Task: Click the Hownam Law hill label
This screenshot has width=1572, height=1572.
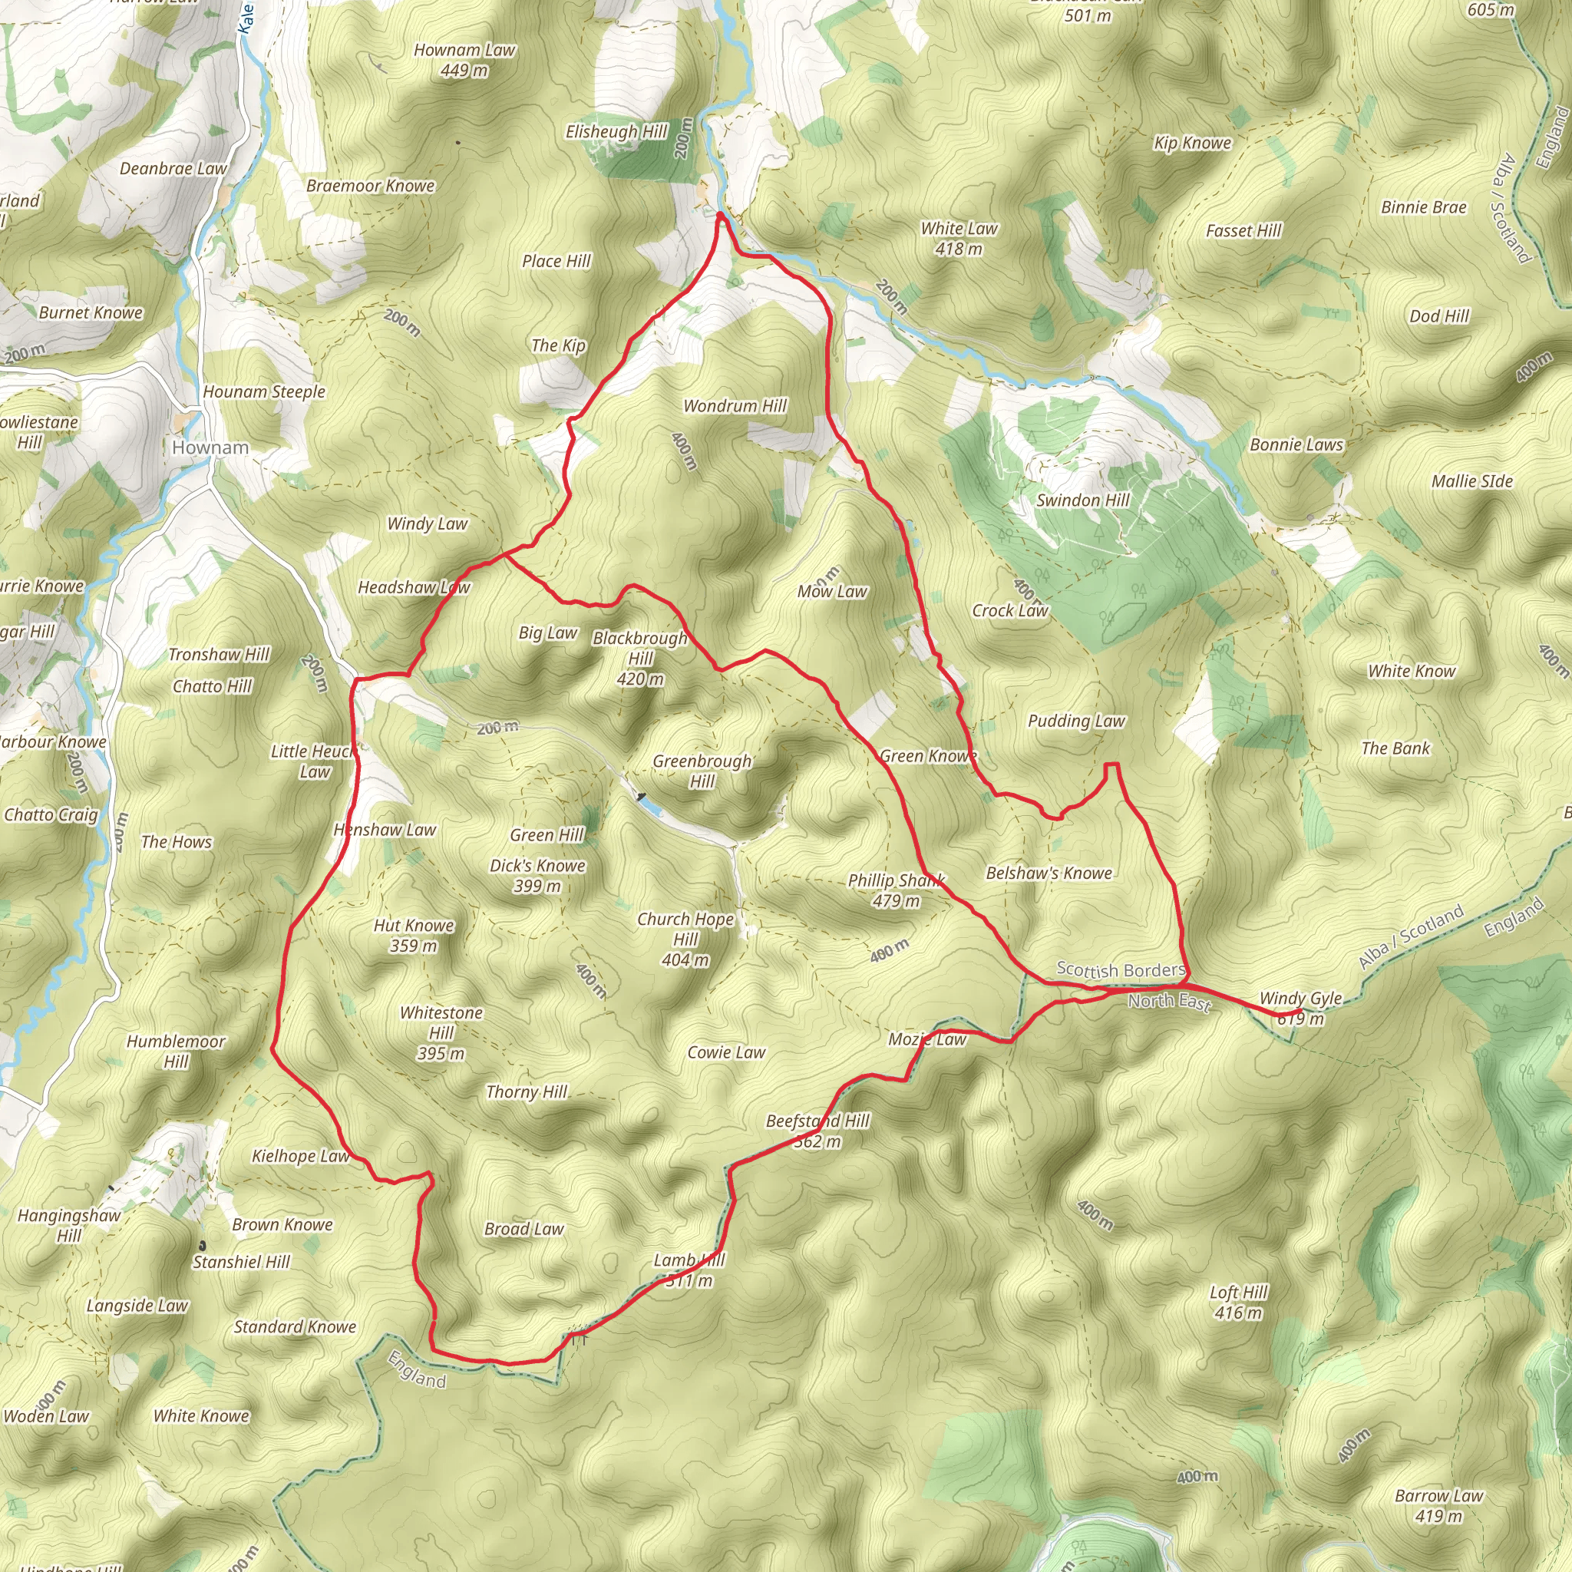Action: [464, 51]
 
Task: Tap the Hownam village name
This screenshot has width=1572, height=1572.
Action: [210, 447]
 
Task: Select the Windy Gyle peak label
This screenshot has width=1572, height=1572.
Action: [1300, 998]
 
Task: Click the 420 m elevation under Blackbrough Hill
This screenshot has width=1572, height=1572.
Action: [640, 679]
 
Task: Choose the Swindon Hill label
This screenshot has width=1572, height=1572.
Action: [1082, 500]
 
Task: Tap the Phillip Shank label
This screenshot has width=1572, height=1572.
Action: [895, 880]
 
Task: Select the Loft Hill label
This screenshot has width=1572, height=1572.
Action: [1238, 1292]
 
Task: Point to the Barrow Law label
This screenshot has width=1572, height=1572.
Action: [1438, 1495]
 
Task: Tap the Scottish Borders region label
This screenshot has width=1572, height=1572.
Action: [1121, 969]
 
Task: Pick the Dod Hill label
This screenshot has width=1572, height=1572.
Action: [1439, 315]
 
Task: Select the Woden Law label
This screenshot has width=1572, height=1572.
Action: [46, 1415]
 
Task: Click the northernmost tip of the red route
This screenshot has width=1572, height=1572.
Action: [721, 214]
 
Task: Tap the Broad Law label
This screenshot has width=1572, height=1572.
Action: [523, 1229]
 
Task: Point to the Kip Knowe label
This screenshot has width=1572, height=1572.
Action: [1192, 143]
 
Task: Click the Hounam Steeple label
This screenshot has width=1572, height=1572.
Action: [263, 391]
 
